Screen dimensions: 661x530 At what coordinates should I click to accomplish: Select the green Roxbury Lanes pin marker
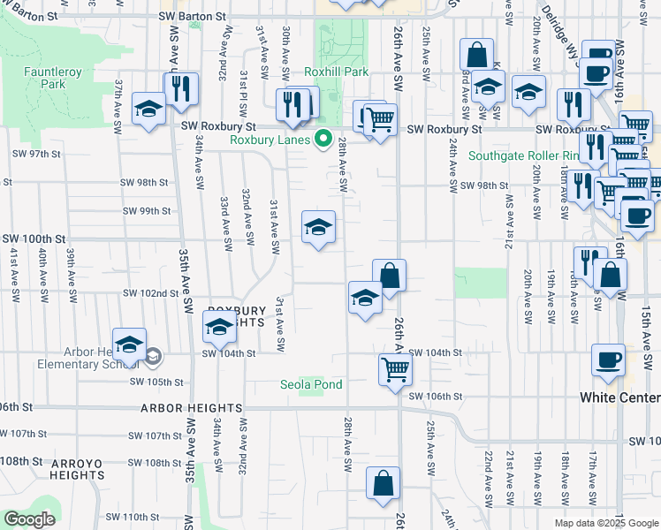[323, 139]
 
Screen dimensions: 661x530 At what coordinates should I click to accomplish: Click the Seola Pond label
[311, 384]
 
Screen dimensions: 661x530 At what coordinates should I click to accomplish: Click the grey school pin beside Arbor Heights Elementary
[153, 357]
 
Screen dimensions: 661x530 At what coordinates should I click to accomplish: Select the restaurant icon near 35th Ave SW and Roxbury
[181, 88]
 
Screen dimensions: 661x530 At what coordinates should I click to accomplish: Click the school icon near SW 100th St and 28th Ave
[318, 228]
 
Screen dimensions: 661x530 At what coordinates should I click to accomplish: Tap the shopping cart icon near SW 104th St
[395, 367]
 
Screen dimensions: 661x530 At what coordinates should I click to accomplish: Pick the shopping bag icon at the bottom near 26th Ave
[383, 483]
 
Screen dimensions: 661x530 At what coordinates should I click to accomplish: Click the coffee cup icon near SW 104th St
[608, 360]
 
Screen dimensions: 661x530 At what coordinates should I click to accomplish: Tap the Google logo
[30, 519]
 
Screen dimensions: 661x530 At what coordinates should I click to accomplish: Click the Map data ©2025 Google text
[605, 523]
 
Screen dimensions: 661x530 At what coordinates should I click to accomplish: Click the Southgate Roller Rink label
[524, 156]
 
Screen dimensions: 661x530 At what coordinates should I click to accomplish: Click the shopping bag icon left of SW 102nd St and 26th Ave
[389, 275]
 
